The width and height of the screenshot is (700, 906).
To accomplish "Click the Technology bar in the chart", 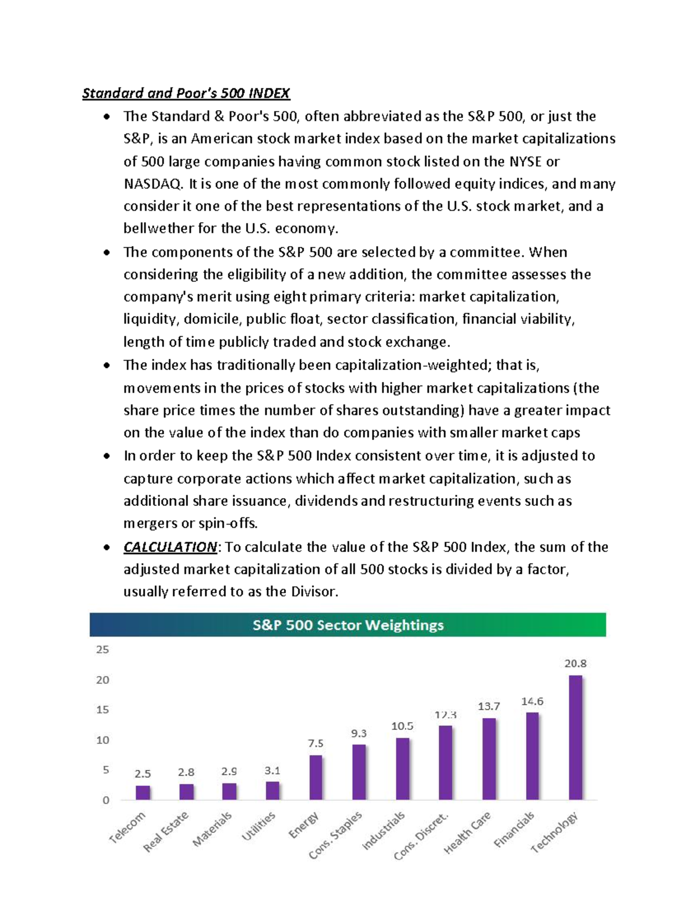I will [x=575, y=737].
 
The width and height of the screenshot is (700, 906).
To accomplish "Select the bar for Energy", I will [x=316, y=777].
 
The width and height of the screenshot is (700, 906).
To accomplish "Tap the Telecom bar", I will [x=143, y=792].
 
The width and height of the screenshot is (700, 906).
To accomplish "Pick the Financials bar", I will [x=532, y=756].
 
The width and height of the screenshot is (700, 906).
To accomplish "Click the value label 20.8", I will [x=575, y=663].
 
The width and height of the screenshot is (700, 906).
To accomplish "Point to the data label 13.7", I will [x=489, y=706].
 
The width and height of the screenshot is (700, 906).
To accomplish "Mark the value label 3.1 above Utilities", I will [x=272, y=771].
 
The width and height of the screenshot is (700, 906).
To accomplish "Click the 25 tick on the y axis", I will [x=103, y=649].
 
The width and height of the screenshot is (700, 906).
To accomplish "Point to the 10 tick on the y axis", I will [x=103, y=740].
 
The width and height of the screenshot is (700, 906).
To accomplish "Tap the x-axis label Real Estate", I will [x=166, y=832].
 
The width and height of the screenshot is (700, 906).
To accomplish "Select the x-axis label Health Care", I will [x=468, y=833].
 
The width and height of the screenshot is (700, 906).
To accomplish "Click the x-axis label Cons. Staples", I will [x=336, y=835].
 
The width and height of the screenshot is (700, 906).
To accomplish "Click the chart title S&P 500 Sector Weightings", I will [x=348, y=625].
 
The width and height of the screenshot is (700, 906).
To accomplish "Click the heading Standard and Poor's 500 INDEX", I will [x=186, y=93].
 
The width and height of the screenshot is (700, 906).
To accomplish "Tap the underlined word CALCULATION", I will [x=170, y=547].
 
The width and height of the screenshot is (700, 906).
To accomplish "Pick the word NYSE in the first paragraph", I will [x=526, y=162].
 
